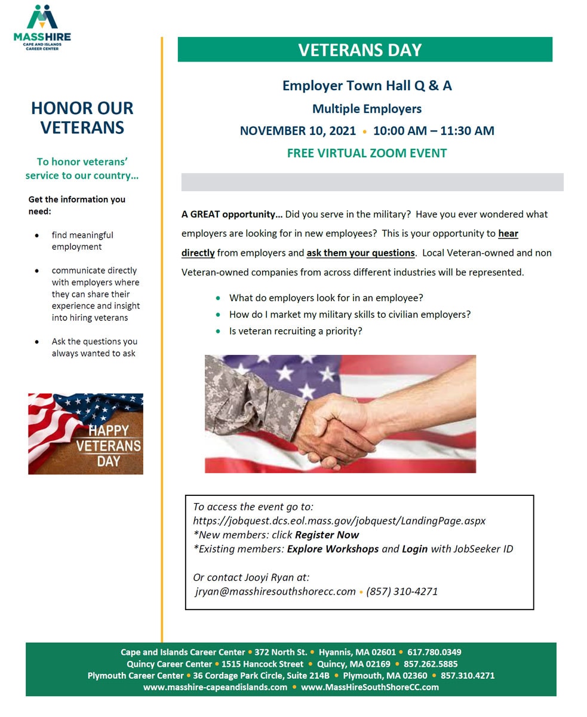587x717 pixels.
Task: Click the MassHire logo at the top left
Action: tap(42, 27)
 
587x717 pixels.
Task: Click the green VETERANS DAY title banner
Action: tap(364, 50)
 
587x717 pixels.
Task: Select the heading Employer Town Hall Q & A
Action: tap(367, 85)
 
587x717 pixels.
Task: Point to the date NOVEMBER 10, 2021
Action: tap(297, 131)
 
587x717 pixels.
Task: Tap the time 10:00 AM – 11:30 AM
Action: tap(434, 131)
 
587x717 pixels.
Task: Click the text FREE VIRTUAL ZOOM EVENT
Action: tap(367, 153)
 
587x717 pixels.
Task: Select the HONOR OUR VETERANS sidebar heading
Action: tap(82, 118)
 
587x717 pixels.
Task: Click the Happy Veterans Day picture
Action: tap(85, 434)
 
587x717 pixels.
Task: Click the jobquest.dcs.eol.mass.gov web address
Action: tap(339, 520)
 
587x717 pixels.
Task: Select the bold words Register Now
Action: tap(327, 535)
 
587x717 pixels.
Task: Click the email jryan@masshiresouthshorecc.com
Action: tap(275, 592)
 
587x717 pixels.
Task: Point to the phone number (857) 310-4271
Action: tap(402, 592)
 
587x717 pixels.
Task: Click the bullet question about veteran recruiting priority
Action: tap(296, 331)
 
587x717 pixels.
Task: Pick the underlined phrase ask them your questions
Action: tap(361, 253)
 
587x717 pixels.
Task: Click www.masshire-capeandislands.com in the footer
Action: tap(215, 687)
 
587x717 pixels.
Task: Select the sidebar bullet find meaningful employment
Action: tap(82, 241)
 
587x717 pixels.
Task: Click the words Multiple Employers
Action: tap(367, 109)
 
